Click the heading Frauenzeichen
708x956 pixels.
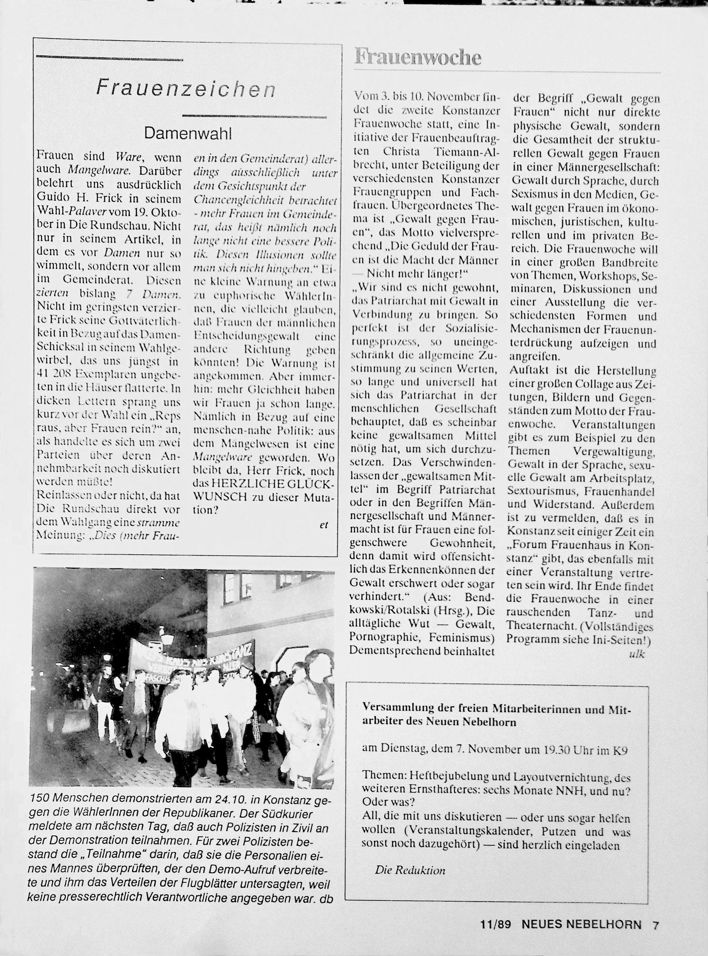pos(186,89)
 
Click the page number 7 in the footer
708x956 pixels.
pos(656,925)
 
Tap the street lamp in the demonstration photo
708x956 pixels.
pos(167,638)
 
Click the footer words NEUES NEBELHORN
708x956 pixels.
pos(581,925)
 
